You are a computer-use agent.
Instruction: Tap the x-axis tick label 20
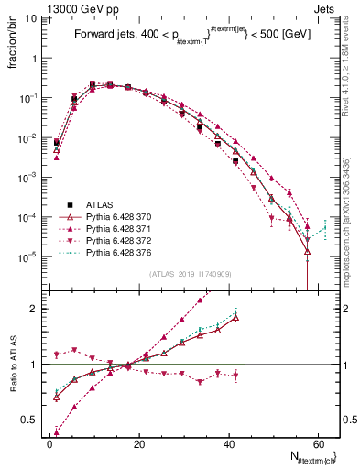click(x=138, y=442)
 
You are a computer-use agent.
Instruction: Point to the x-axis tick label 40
click(x=228, y=442)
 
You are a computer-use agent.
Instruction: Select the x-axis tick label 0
click(x=49, y=442)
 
